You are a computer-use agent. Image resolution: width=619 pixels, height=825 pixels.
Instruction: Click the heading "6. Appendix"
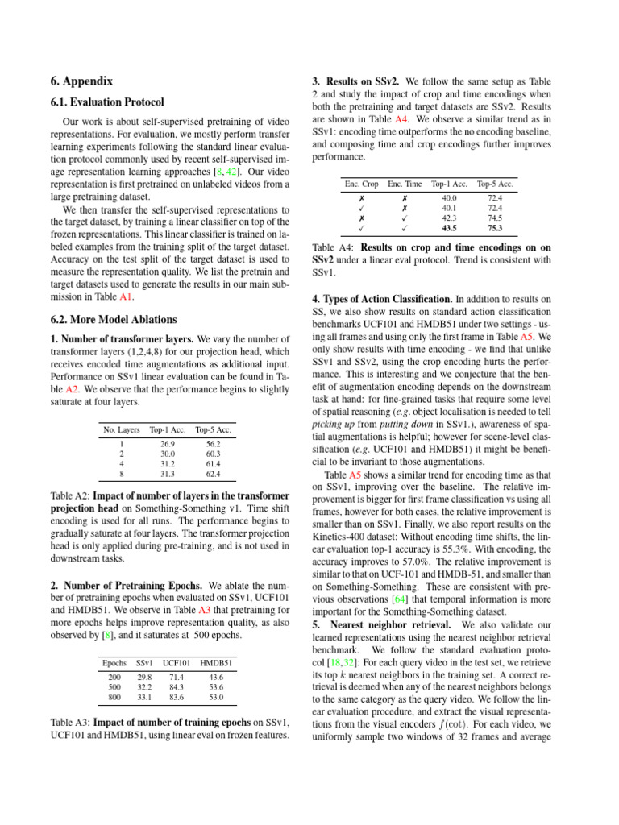pos(81,81)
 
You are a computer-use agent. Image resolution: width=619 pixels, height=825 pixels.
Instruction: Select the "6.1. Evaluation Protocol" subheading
pos(106,102)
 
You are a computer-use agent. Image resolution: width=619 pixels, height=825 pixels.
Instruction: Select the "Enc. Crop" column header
pos(361,184)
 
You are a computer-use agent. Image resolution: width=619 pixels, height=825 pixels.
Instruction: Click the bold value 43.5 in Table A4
pos(449,228)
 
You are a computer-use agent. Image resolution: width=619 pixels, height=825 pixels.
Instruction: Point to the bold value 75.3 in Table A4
pos(495,228)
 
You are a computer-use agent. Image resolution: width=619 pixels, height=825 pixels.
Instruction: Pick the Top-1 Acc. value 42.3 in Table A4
pos(449,218)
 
